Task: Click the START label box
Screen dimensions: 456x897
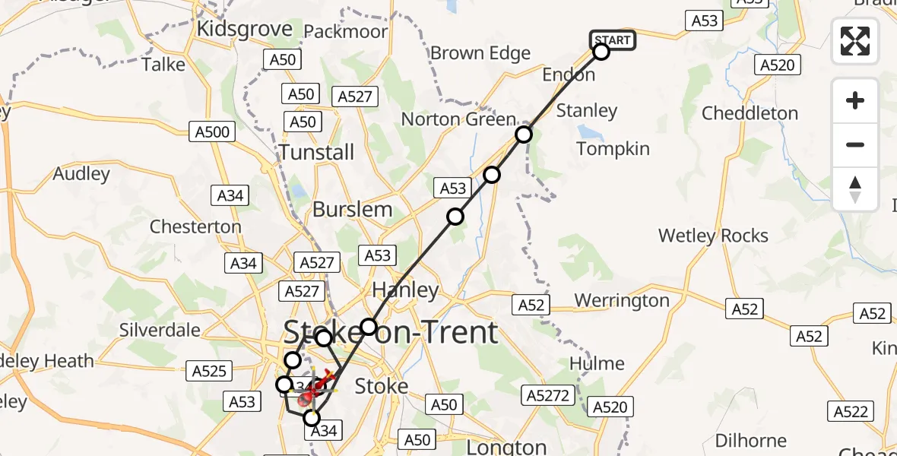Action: pyautogui.click(x=613, y=40)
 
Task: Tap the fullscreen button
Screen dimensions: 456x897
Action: pyautogui.click(x=855, y=41)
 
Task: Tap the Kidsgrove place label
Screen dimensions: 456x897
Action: pyautogui.click(x=244, y=29)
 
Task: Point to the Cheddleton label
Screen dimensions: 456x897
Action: pyautogui.click(x=750, y=113)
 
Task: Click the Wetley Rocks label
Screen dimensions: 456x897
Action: pyautogui.click(x=713, y=236)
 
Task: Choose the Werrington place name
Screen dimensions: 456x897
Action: pyautogui.click(x=622, y=300)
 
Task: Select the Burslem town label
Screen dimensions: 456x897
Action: pyautogui.click(x=353, y=209)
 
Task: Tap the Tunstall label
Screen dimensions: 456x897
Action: pyautogui.click(x=316, y=152)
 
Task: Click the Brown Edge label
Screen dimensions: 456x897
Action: pyautogui.click(x=480, y=53)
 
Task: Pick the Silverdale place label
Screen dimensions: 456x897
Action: pyautogui.click(x=160, y=330)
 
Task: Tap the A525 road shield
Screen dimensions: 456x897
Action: pyautogui.click(x=209, y=371)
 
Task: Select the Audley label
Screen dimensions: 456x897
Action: pyautogui.click(x=81, y=173)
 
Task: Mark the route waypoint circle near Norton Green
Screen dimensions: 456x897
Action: pyautogui.click(x=524, y=135)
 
